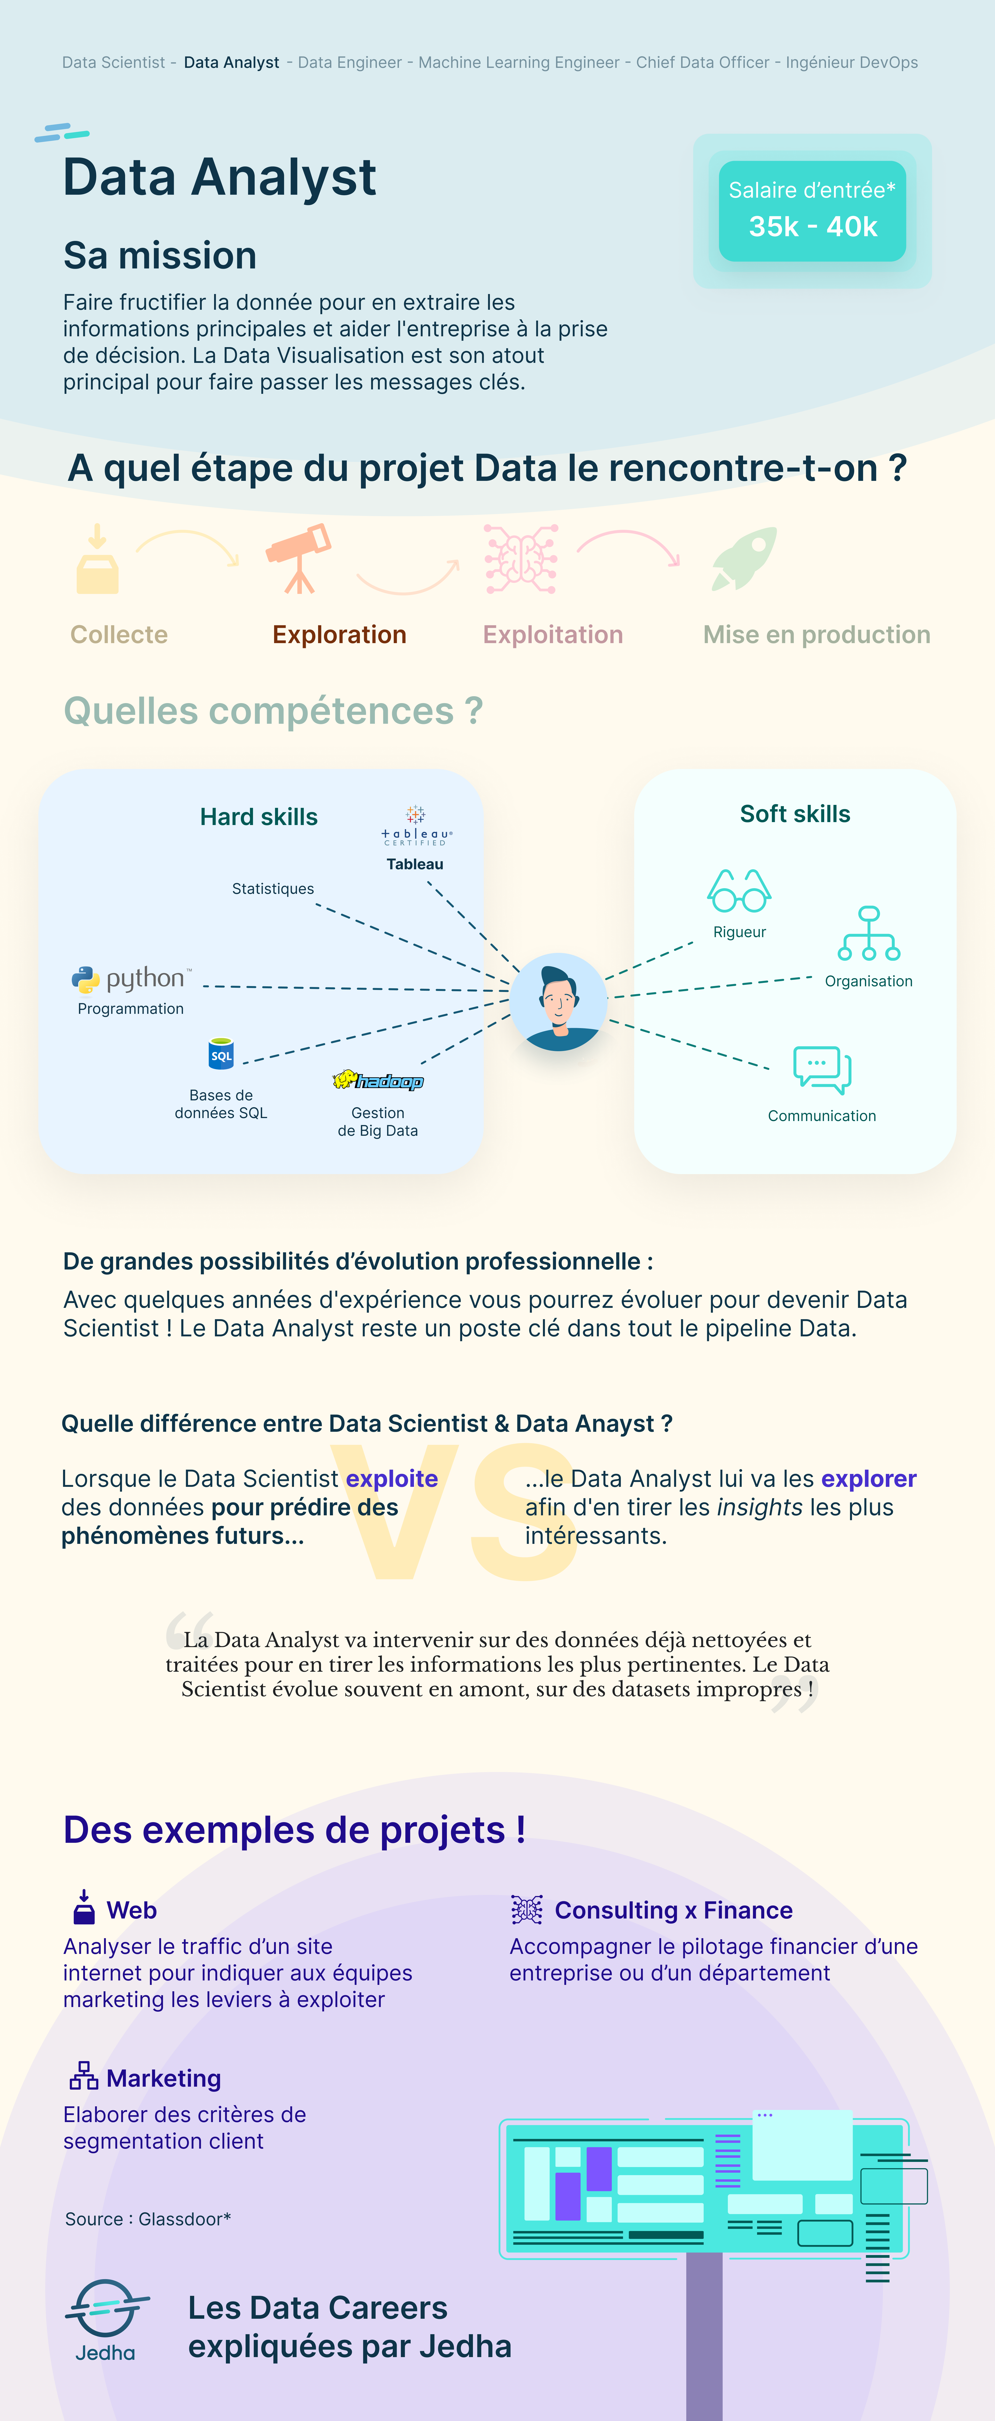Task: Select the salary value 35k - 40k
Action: point(813,226)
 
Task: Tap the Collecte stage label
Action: point(119,635)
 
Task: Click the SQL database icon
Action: point(221,1054)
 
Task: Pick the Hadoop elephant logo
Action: point(378,1081)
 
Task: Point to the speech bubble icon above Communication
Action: point(822,1070)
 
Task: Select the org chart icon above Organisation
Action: point(869,933)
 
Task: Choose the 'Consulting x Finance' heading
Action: point(674,1911)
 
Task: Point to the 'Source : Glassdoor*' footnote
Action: point(147,2219)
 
